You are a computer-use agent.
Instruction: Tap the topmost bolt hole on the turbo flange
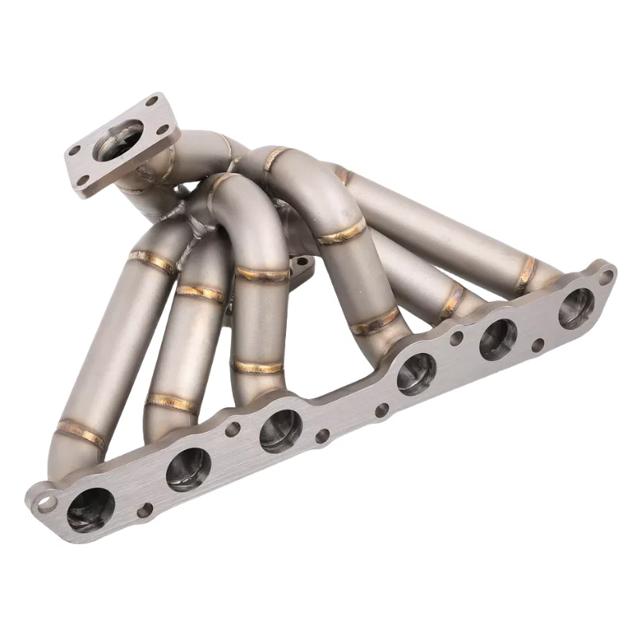(151, 101)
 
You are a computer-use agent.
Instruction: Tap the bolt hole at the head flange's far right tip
(606, 276)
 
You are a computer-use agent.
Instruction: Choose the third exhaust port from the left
(280, 430)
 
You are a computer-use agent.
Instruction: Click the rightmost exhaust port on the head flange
(575, 308)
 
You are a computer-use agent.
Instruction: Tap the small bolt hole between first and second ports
(144, 511)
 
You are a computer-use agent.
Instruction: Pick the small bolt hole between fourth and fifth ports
(456, 337)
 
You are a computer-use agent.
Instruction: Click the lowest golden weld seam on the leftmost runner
(80, 433)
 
